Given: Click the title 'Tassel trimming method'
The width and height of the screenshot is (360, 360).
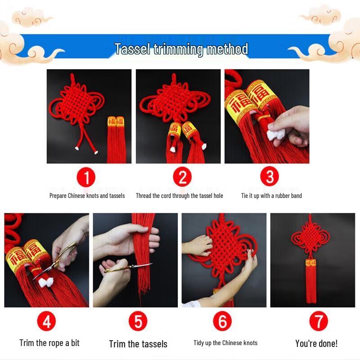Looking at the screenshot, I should [x=181, y=49].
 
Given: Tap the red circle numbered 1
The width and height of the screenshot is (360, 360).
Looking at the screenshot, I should [x=86, y=177].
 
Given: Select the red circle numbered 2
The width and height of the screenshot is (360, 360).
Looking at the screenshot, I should [x=182, y=177].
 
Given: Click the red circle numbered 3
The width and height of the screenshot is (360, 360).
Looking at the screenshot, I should [x=270, y=177].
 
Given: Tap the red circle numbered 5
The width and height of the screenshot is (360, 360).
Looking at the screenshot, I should [x=138, y=322].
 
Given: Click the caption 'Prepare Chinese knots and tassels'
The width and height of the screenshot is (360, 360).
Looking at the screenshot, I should [x=87, y=196].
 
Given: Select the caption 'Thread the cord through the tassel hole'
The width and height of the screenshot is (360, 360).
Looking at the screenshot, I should [x=180, y=196].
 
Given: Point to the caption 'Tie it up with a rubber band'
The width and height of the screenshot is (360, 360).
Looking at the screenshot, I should [x=271, y=196].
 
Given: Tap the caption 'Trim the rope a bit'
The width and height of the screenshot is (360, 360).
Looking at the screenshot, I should [x=49, y=343].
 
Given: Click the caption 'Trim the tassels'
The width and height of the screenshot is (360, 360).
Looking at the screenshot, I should [x=138, y=344].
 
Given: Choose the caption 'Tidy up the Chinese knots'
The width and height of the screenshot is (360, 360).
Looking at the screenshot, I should [x=225, y=343].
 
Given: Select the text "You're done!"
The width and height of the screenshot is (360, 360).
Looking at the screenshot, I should [x=316, y=344].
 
